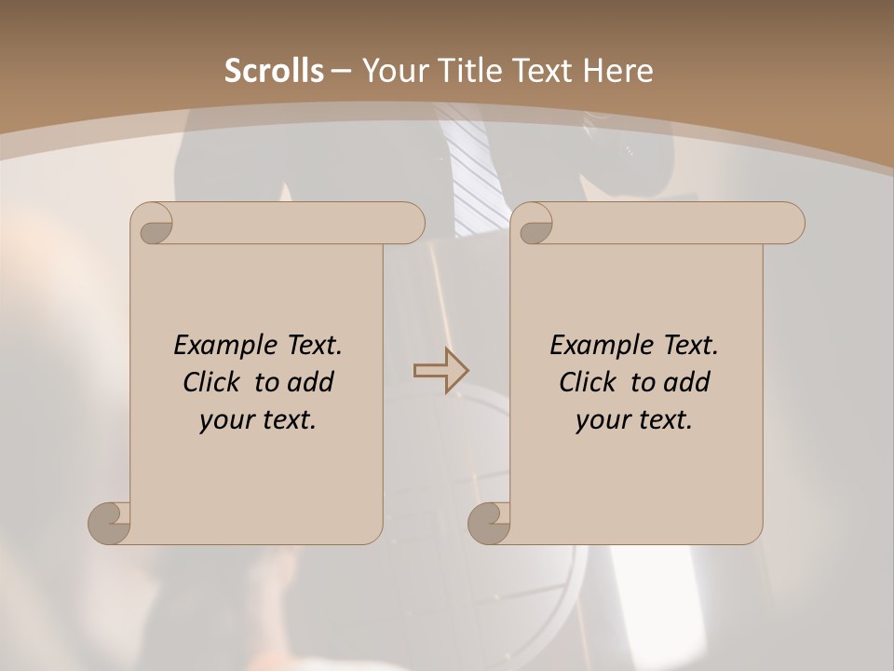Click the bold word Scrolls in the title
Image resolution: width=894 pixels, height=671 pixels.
275,71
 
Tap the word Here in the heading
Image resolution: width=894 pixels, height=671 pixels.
618,71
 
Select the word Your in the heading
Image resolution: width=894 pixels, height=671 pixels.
394,71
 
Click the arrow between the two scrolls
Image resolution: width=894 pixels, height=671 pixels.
441,371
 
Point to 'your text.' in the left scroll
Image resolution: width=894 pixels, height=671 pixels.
258,419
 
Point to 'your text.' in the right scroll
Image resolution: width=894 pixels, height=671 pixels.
634,419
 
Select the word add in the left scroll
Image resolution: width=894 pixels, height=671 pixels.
309,382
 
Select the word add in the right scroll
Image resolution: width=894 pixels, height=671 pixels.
685,382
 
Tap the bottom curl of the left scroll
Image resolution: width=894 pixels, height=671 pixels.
109,523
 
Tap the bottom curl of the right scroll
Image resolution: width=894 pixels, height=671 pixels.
488,523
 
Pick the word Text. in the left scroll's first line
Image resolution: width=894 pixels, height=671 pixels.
310,346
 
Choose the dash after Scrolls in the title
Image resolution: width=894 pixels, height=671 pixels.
341,72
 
